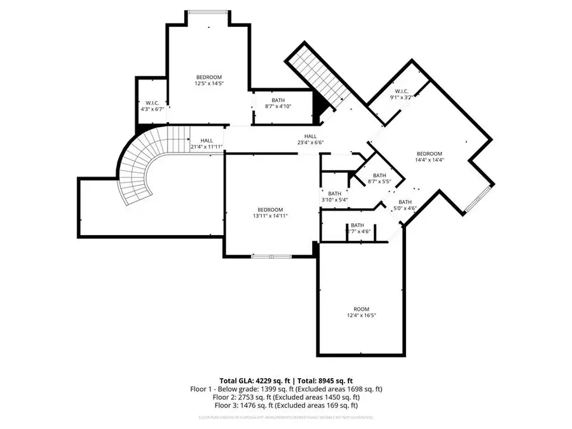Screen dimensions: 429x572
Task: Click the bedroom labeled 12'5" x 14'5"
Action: [208, 80]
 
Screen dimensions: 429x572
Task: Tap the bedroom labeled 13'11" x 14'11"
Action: [270, 212]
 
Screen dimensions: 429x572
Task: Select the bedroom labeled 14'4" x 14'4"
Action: [429, 157]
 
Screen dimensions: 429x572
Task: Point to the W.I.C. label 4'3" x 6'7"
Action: [152, 106]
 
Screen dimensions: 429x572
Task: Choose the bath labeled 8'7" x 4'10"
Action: [278, 103]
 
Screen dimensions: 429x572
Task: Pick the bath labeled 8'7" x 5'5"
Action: [379, 179]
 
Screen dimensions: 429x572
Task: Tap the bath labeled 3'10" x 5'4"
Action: [335, 196]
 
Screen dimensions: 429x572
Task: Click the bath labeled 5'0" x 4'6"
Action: [404, 205]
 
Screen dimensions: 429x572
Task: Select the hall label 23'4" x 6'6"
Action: [310, 139]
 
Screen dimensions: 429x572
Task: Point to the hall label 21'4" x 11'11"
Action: [207, 144]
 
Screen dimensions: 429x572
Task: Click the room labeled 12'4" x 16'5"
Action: [361, 312]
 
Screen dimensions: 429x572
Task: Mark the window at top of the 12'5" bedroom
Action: [207, 11]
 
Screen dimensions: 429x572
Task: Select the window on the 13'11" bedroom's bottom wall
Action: [271, 256]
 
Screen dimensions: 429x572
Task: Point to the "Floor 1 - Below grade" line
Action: [285, 388]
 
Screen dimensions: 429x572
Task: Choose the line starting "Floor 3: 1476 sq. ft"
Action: [285, 405]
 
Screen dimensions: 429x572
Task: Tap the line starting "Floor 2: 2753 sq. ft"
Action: [285, 397]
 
